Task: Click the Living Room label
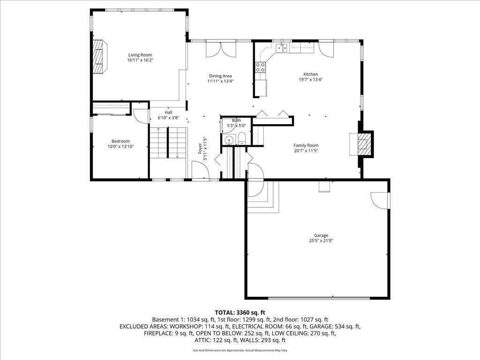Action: pyautogui.click(x=140, y=55)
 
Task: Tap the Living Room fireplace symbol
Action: pyautogui.click(x=99, y=56)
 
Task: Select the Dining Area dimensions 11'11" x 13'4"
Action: pyautogui.click(x=220, y=81)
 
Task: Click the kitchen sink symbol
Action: pyautogui.click(x=282, y=47)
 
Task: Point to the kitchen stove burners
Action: pyautogui.click(x=260, y=67)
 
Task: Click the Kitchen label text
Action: pyautogui.click(x=310, y=74)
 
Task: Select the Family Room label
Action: pyautogui.click(x=306, y=145)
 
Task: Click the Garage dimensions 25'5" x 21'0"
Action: pyautogui.click(x=321, y=240)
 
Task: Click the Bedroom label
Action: pyautogui.click(x=120, y=141)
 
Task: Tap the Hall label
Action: pyautogui.click(x=168, y=112)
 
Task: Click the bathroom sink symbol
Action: pyautogui.click(x=229, y=139)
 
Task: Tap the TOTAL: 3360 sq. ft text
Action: pyautogui.click(x=240, y=312)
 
